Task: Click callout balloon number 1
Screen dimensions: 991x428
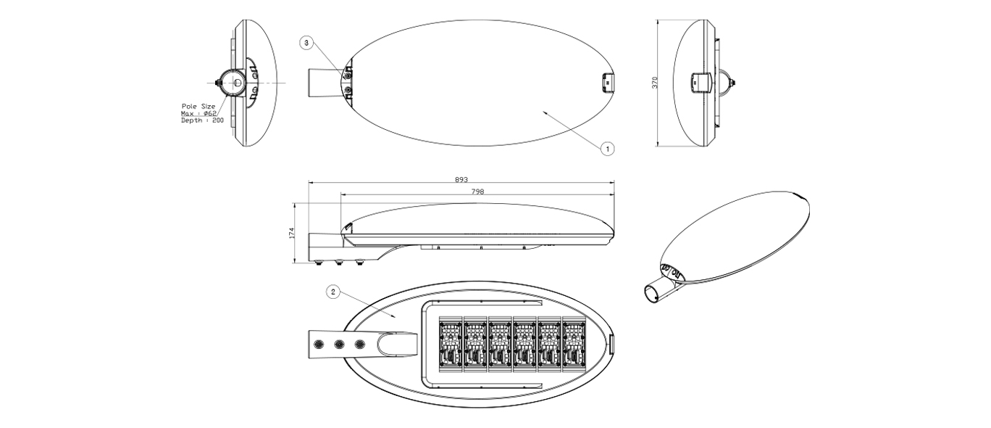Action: pyautogui.click(x=608, y=149)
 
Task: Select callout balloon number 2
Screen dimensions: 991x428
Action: pyautogui.click(x=333, y=292)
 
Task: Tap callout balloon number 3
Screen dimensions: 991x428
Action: pyautogui.click(x=306, y=43)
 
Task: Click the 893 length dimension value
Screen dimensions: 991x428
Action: pyautogui.click(x=461, y=179)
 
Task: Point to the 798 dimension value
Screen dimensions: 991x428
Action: pyautogui.click(x=477, y=192)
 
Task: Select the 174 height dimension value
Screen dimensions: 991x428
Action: pyautogui.click(x=291, y=233)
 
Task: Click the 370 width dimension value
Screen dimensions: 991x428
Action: pyautogui.click(x=655, y=83)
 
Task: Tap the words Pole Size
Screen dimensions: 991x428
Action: pyautogui.click(x=198, y=107)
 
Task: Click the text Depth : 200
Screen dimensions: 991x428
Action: pyautogui.click(x=202, y=120)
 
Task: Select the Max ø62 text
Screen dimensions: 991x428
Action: pyautogui.click(x=198, y=113)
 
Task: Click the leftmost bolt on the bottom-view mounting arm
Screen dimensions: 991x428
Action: pyautogui.click(x=317, y=344)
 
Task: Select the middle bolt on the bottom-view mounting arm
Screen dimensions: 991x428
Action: pyautogui.click(x=339, y=344)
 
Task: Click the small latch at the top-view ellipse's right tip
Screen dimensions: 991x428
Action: pyautogui.click(x=607, y=83)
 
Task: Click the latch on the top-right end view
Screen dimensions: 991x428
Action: pyautogui.click(x=701, y=83)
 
